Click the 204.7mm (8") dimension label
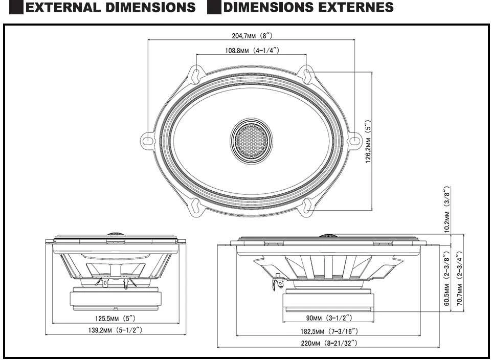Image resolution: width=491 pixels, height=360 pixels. [252, 36]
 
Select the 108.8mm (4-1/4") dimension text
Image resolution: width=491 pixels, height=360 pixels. [252, 51]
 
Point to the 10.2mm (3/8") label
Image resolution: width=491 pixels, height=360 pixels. [447, 209]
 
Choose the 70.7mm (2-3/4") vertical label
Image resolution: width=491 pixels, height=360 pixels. [459, 278]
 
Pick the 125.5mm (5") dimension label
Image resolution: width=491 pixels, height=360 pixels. [115, 319]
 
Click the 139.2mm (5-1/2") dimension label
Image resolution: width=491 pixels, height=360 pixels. [115, 330]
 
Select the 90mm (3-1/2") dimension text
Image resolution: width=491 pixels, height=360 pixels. [329, 318]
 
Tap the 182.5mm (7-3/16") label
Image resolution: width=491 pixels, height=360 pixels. [329, 331]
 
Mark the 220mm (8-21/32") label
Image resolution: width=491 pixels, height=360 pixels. [329, 343]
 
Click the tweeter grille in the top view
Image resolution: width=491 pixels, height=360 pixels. [251, 141]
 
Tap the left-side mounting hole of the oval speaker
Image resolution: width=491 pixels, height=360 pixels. [147, 141]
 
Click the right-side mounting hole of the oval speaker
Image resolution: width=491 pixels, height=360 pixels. [352, 141]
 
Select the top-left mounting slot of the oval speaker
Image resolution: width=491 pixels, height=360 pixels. [195, 74]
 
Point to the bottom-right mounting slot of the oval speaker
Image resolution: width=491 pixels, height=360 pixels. [307, 206]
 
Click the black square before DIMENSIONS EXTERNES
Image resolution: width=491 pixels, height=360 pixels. [214, 8]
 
